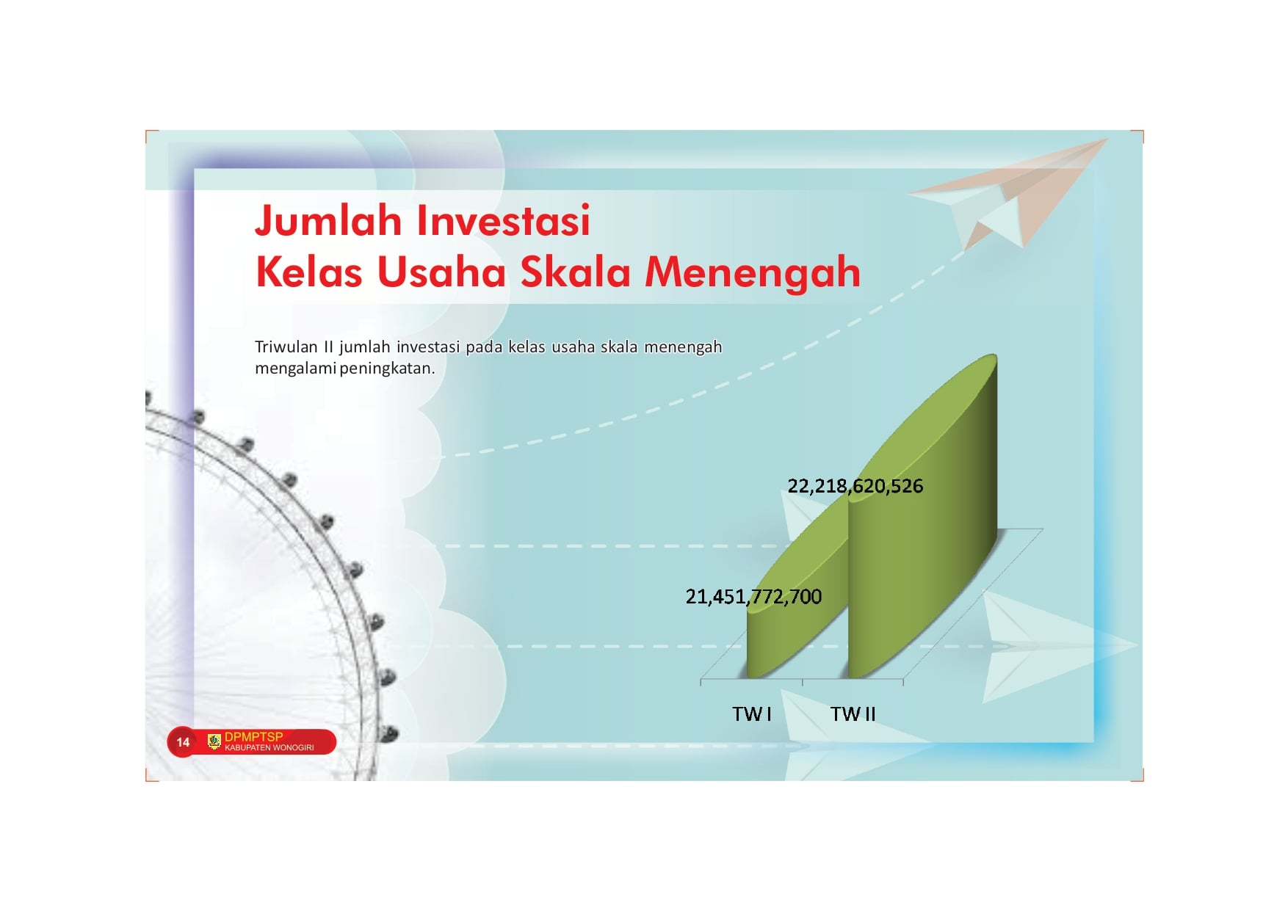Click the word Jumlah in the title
[328, 221]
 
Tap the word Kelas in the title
[309, 272]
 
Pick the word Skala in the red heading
[576, 272]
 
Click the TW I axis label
[752, 714]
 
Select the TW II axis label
[853, 714]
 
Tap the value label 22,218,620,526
[855, 486]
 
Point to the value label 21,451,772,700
[753, 597]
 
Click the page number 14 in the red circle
[183, 742]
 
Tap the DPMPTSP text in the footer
[253, 736]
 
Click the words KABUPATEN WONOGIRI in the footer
[269, 748]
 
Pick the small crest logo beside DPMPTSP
[214, 741]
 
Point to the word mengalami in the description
[295, 369]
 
